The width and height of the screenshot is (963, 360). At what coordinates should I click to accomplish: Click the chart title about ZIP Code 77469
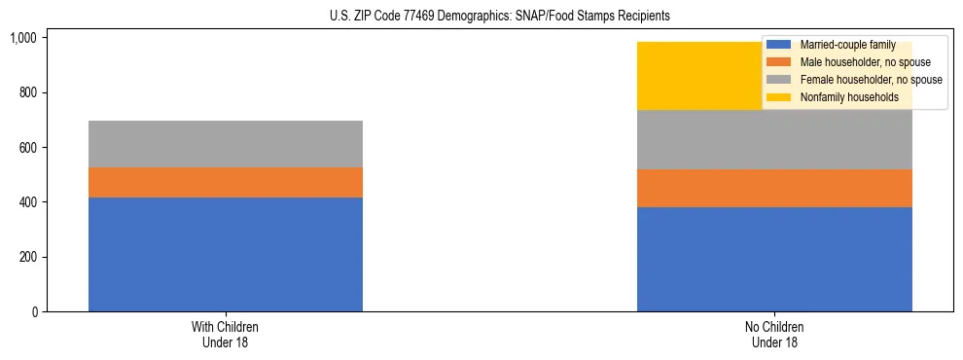click(x=482, y=17)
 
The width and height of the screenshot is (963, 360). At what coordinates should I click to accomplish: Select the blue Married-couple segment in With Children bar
click(x=226, y=254)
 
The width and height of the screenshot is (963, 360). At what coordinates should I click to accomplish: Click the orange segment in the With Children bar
click(x=226, y=182)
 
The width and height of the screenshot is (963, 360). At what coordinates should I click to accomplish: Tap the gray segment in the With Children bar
click(x=226, y=144)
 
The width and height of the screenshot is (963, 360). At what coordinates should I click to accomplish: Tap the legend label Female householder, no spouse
click(x=871, y=80)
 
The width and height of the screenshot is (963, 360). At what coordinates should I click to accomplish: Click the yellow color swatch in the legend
click(x=780, y=97)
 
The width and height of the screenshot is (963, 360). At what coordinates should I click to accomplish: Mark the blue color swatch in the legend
click(x=780, y=45)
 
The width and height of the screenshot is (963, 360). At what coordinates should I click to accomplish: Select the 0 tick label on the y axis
click(x=34, y=312)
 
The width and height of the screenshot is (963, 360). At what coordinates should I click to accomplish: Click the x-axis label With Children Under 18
click(x=226, y=335)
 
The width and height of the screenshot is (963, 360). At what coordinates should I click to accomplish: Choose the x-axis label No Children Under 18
click(x=774, y=335)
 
